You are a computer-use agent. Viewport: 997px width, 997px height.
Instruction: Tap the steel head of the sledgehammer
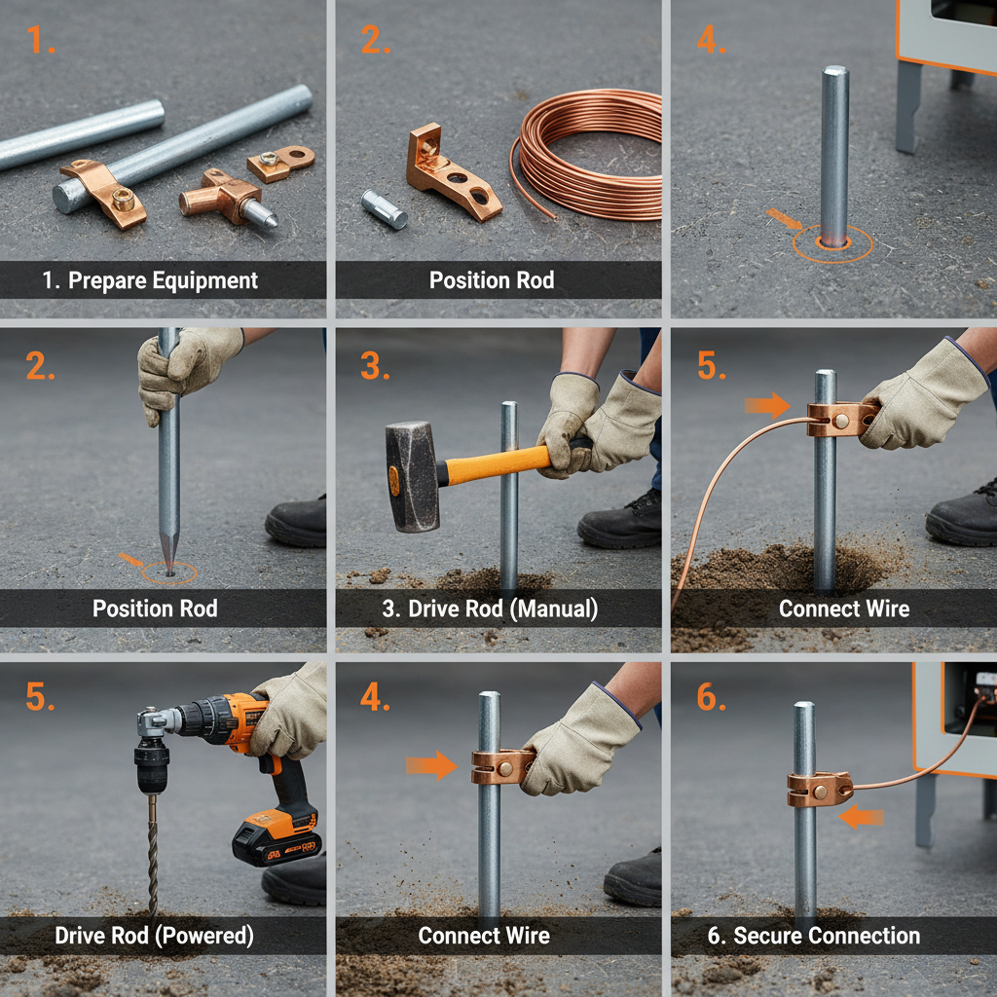(x=412, y=477)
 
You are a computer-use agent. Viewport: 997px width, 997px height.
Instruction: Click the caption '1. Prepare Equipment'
(x=150, y=281)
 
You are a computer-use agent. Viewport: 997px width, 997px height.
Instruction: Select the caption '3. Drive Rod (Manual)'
(x=493, y=609)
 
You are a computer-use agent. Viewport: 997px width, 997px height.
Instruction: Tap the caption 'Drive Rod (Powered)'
(x=154, y=937)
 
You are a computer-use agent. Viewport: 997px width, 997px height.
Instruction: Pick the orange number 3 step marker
(x=376, y=367)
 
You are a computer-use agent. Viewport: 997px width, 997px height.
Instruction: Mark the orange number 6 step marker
(x=711, y=699)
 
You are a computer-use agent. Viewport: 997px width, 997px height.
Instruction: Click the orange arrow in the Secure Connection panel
(x=861, y=816)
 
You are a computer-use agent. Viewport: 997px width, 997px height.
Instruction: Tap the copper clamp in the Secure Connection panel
(x=818, y=789)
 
